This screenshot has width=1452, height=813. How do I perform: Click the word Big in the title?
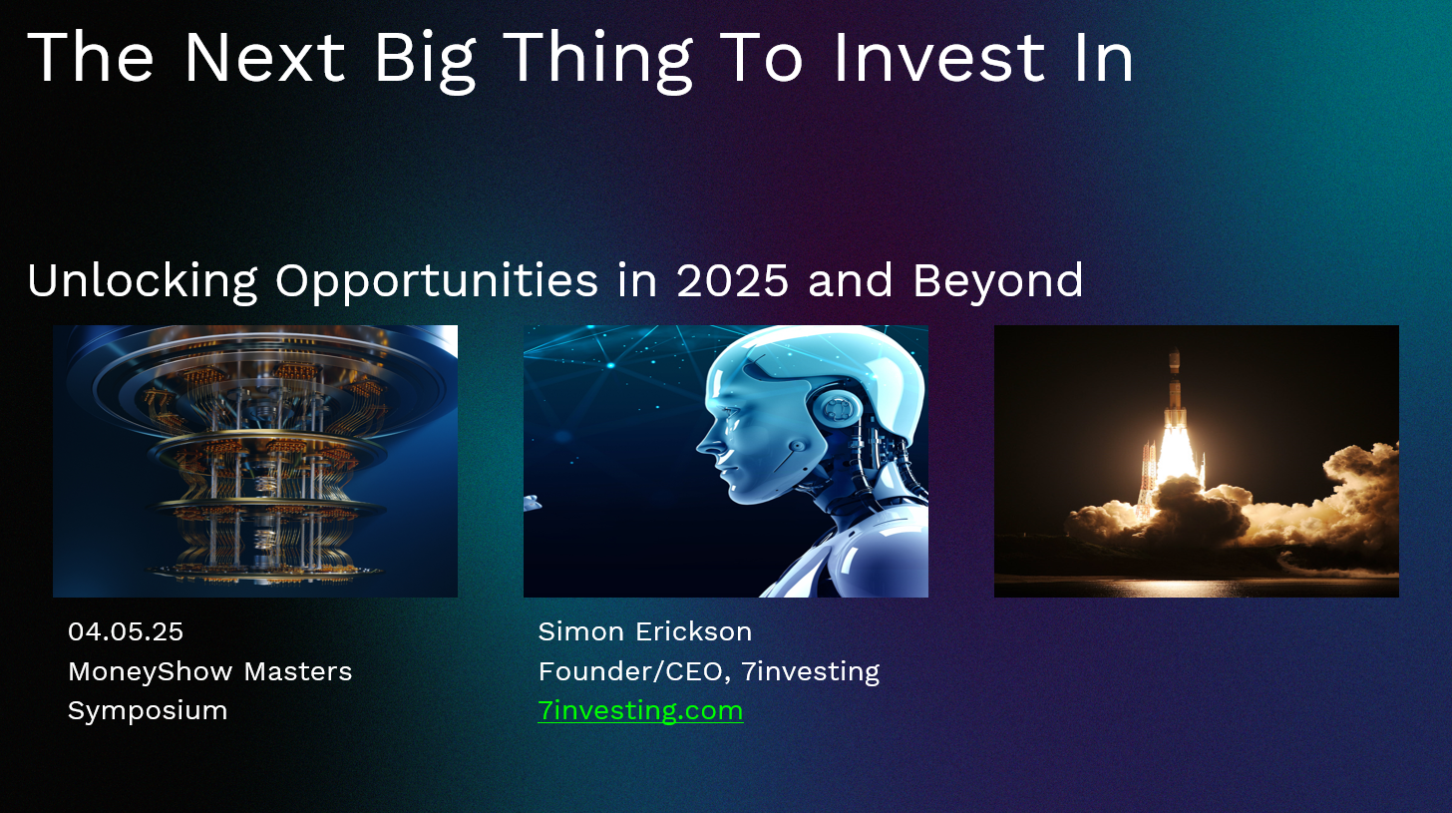(425, 61)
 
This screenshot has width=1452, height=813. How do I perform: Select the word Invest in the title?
(939, 57)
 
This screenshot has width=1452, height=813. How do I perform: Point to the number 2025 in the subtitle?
(732, 280)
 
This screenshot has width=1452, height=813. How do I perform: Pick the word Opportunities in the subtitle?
(436, 282)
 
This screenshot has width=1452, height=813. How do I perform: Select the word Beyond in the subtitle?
(998, 282)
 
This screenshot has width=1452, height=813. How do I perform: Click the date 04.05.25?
(126, 631)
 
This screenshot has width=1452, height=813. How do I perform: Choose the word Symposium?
(148, 711)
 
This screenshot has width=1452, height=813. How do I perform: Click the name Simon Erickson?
(645, 631)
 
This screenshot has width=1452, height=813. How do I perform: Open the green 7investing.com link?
(640, 711)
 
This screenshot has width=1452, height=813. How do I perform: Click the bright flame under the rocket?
(1174, 454)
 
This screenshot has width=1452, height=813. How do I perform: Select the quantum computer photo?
(254, 461)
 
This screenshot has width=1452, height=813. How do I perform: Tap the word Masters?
(297, 671)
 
